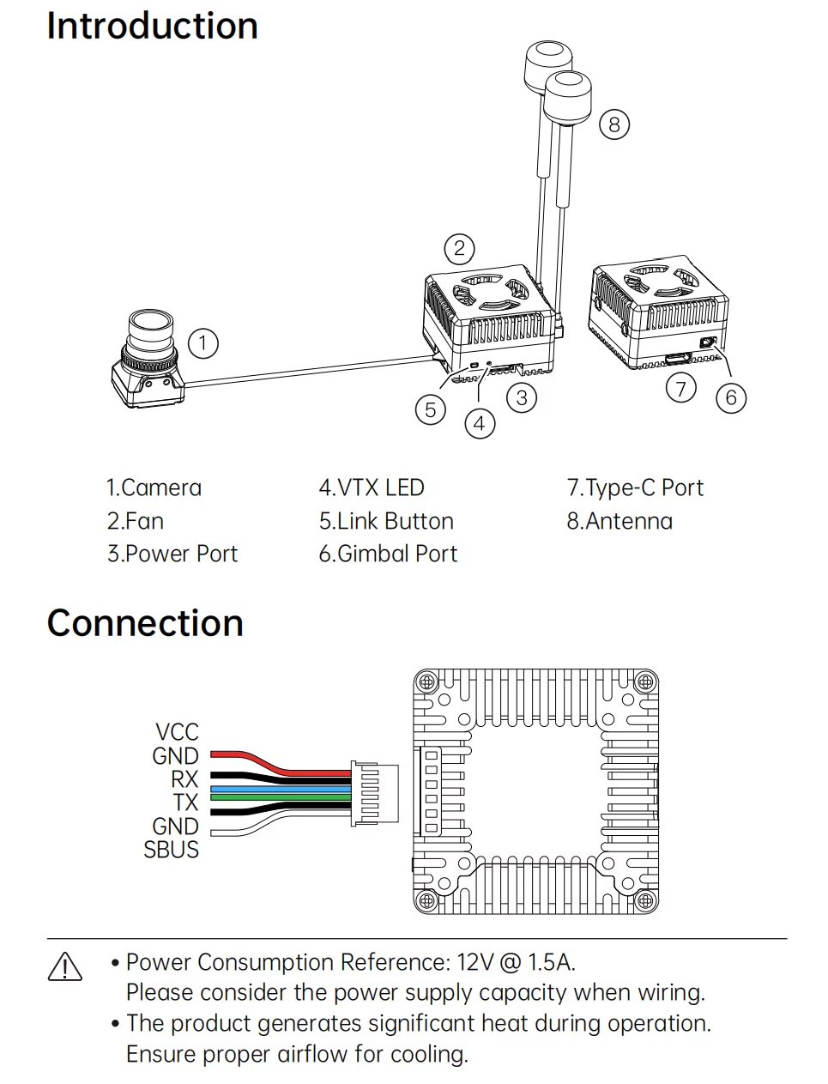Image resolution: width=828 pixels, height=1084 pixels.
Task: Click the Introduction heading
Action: click(152, 26)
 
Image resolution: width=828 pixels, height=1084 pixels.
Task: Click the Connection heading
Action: click(145, 623)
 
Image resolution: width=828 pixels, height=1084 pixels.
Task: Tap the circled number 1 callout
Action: click(203, 342)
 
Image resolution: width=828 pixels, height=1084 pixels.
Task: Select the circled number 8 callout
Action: click(614, 124)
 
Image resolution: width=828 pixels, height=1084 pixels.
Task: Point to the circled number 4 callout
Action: click(480, 424)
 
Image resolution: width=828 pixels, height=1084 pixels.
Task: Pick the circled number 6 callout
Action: click(731, 397)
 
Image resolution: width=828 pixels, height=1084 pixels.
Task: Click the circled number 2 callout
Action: click(459, 248)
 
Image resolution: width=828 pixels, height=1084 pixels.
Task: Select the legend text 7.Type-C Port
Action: click(635, 488)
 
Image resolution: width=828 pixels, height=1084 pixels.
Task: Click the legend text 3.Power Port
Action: click(172, 554)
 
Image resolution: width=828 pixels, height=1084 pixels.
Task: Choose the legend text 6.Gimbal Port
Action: click(388, 554)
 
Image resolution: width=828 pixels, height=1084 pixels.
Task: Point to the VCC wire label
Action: click(177, 732)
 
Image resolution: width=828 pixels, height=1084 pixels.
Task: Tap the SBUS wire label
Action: click(171, 850)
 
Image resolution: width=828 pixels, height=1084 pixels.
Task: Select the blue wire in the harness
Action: click(281, 790)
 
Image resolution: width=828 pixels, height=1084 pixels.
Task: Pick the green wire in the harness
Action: click(281, 797)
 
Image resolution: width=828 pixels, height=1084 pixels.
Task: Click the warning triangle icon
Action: click(65, 966)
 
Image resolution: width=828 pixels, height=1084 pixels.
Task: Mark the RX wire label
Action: click(184, 779)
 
